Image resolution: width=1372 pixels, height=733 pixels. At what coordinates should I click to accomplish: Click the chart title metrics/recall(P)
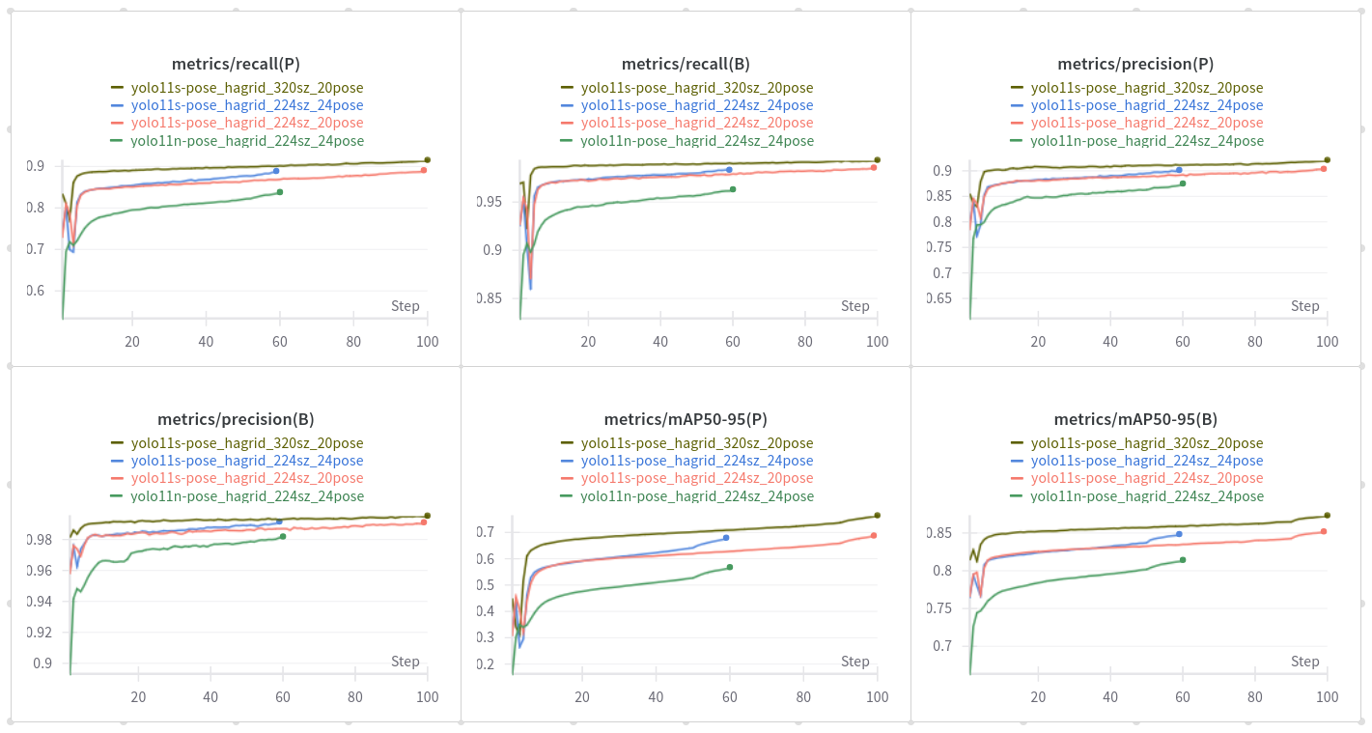point(236,64)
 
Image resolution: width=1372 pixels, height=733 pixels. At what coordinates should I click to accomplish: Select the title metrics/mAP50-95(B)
point(1135,419)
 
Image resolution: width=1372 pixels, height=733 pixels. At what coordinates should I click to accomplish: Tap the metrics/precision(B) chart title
point(236,419)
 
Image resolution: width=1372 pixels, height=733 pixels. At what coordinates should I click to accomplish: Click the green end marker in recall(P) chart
point(280,192)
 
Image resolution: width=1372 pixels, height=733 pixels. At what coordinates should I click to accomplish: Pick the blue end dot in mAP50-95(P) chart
point(726,538)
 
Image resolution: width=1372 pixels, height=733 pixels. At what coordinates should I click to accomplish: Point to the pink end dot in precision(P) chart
point(1324,169)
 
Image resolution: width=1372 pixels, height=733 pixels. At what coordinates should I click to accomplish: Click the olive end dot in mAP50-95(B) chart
point(1327,516)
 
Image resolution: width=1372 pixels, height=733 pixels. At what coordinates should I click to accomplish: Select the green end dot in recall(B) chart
point(733,189)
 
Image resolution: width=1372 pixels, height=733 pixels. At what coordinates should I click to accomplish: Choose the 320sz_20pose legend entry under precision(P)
point(1146,88)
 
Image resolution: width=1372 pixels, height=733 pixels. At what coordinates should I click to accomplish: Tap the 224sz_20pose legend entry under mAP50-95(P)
point(696,478)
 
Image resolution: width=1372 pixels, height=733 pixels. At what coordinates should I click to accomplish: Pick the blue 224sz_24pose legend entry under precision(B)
point(246,461)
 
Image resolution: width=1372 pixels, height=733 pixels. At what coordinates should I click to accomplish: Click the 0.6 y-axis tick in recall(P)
point(35,291)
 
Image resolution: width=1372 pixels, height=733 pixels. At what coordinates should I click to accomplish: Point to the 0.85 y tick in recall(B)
point(490,298)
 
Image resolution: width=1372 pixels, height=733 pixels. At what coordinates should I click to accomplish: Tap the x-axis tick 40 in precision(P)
point(1110,342)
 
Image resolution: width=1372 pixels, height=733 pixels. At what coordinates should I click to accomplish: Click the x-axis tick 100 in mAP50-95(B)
point(1327,697)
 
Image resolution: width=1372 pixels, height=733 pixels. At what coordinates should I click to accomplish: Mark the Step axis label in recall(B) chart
point(854,306)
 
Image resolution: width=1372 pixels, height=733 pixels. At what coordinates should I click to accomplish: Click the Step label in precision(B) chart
point(406,662)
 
